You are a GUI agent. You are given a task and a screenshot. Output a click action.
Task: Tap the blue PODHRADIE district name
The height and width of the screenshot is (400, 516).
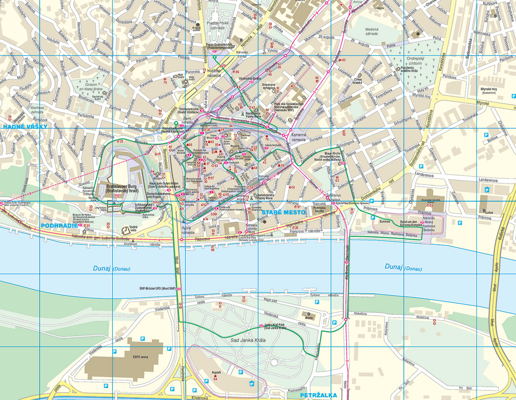(x=60, y=226)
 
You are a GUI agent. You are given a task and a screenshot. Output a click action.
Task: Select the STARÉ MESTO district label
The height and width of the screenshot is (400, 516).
(x=283, y=213)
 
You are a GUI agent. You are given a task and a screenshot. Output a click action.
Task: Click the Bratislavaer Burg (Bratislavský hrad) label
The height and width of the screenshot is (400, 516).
(x=121, y=190)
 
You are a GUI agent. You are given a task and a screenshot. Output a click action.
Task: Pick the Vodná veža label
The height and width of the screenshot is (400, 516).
(x=134, y=229)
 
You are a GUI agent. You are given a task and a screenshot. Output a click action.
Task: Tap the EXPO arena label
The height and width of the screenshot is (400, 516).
(x=140, y=357)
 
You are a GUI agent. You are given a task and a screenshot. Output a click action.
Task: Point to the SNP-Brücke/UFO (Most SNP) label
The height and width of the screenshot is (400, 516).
(x=157, y=289)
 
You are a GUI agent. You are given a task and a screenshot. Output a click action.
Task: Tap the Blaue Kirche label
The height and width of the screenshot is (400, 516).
(x=334, y=154)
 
